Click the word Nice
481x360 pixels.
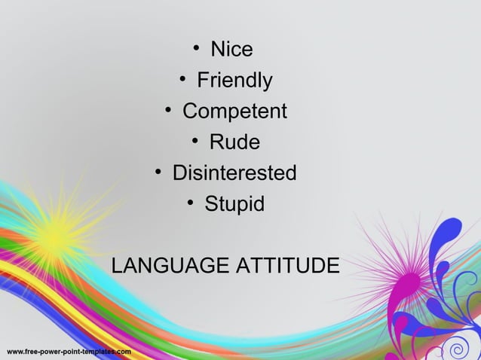(231, 50)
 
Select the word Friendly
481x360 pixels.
(234, 81)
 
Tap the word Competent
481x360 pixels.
(234, 111)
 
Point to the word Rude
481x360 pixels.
(234, 142)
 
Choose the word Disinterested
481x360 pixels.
(234, 173)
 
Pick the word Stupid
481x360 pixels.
(234, 204)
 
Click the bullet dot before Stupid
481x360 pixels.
(191, 203)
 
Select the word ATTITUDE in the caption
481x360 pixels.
(289, 267)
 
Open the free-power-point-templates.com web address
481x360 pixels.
(69, 352)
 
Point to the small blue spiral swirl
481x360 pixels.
(455, 349)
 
